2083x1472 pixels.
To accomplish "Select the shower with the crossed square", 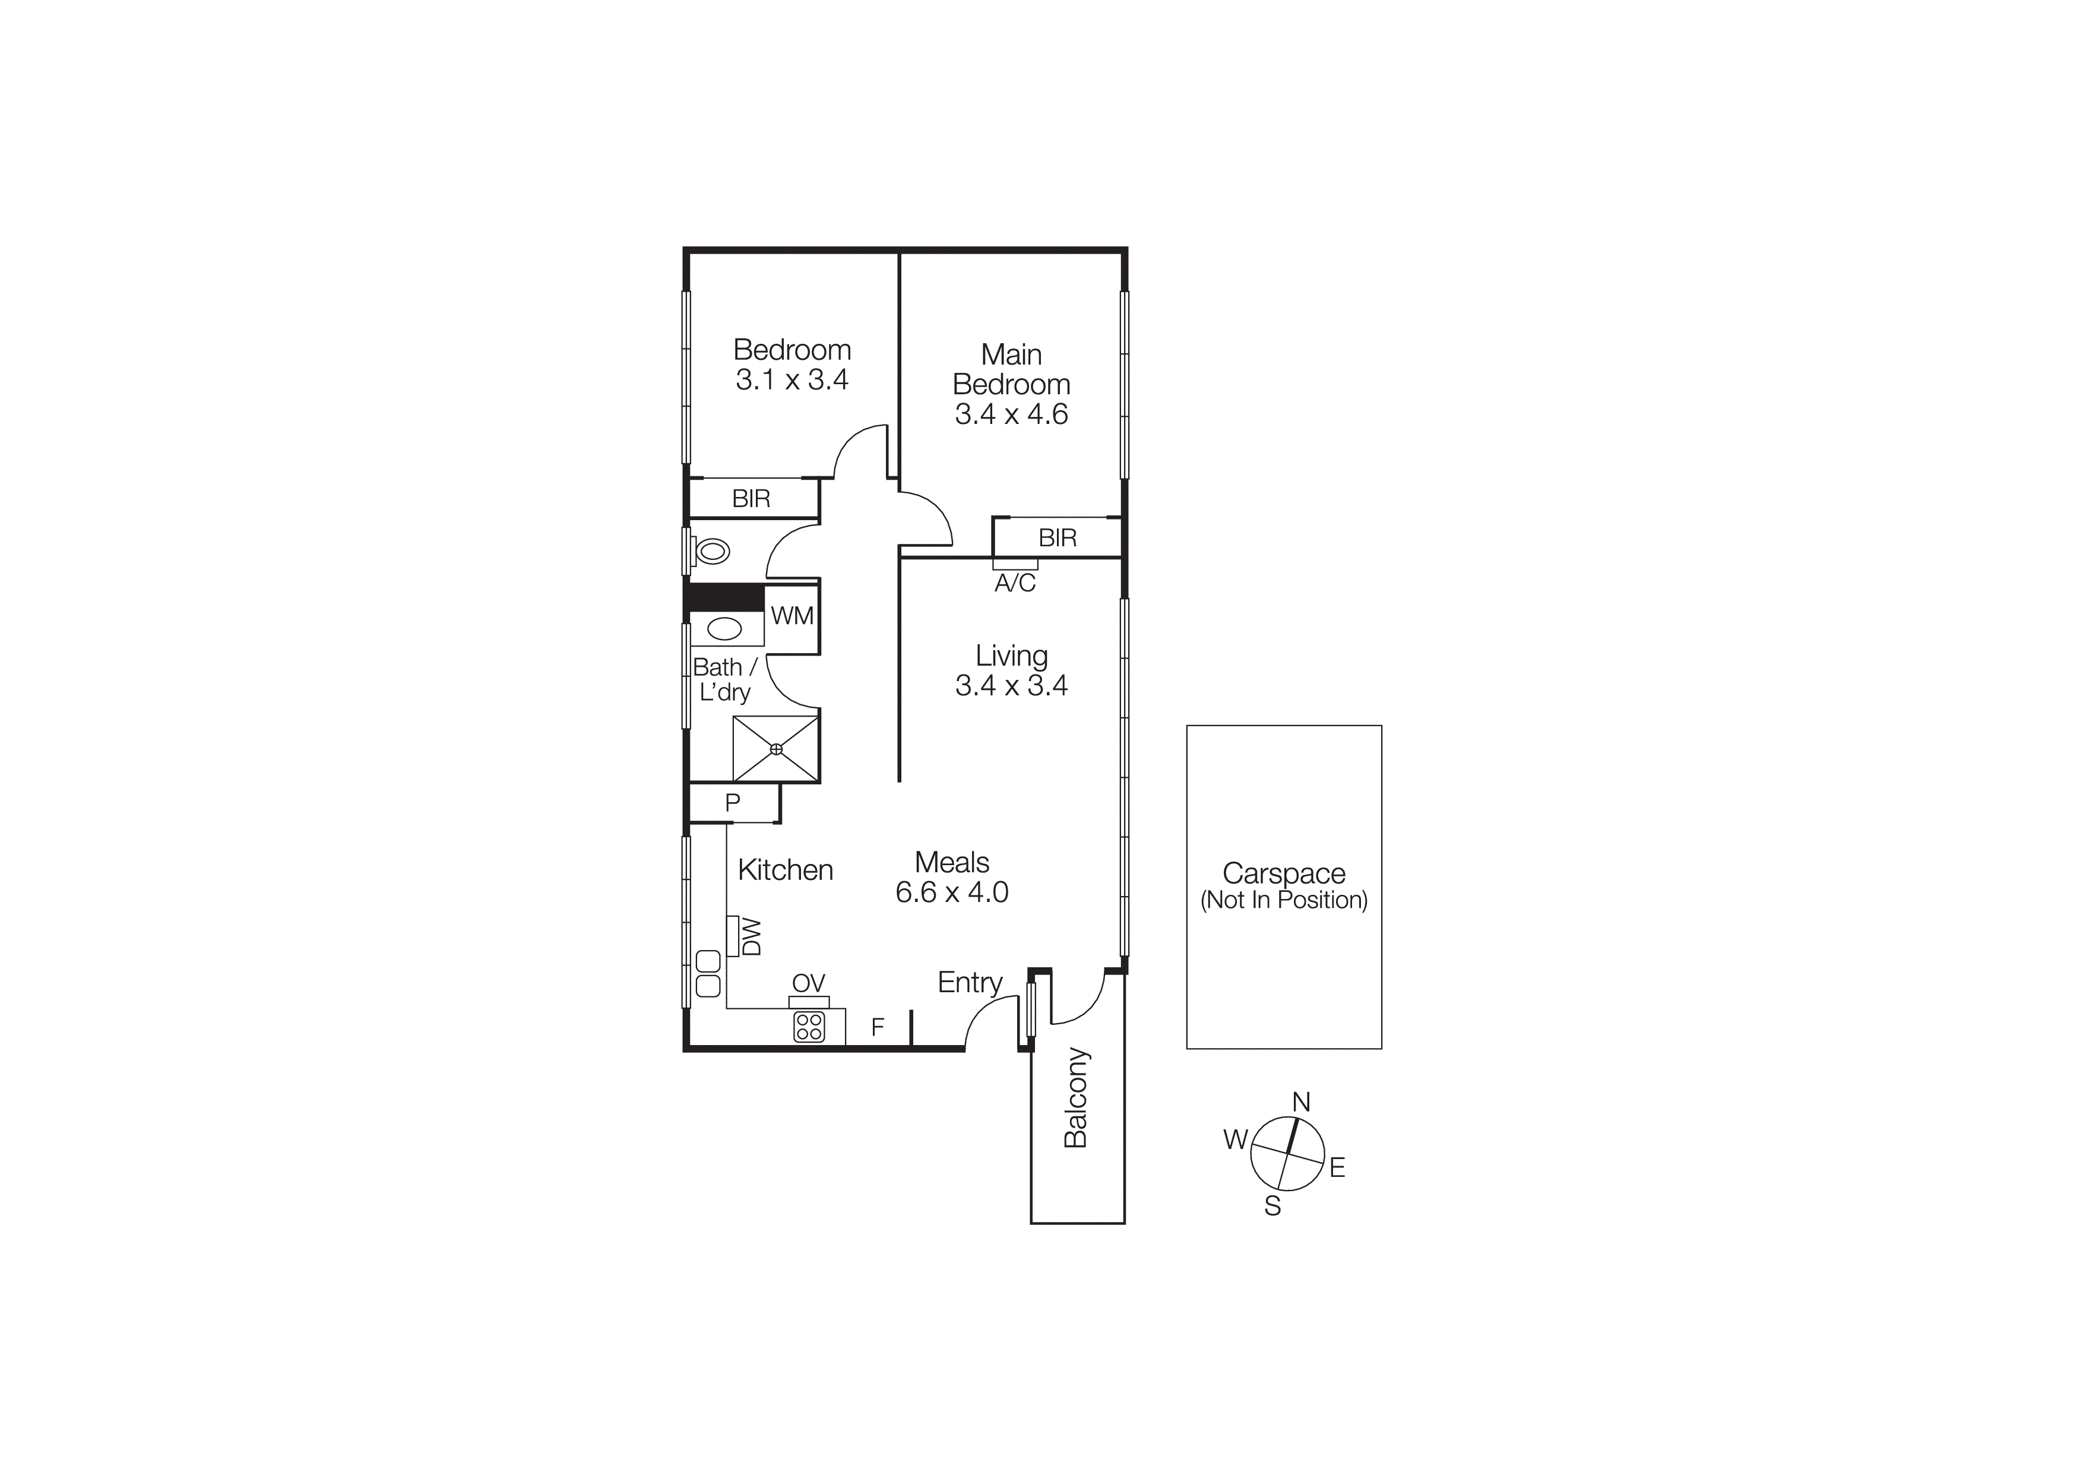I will pos(775,749).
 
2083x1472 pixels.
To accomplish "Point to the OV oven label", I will pos(808,983).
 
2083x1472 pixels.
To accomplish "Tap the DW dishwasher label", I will pos(751,937).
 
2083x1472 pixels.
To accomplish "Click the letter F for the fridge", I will pos(877,1027).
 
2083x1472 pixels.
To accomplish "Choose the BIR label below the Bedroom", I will pos(751,498).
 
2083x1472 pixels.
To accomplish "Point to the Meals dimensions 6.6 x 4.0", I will pos(952,892).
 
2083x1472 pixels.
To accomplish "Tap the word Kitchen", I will pos(785,870).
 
